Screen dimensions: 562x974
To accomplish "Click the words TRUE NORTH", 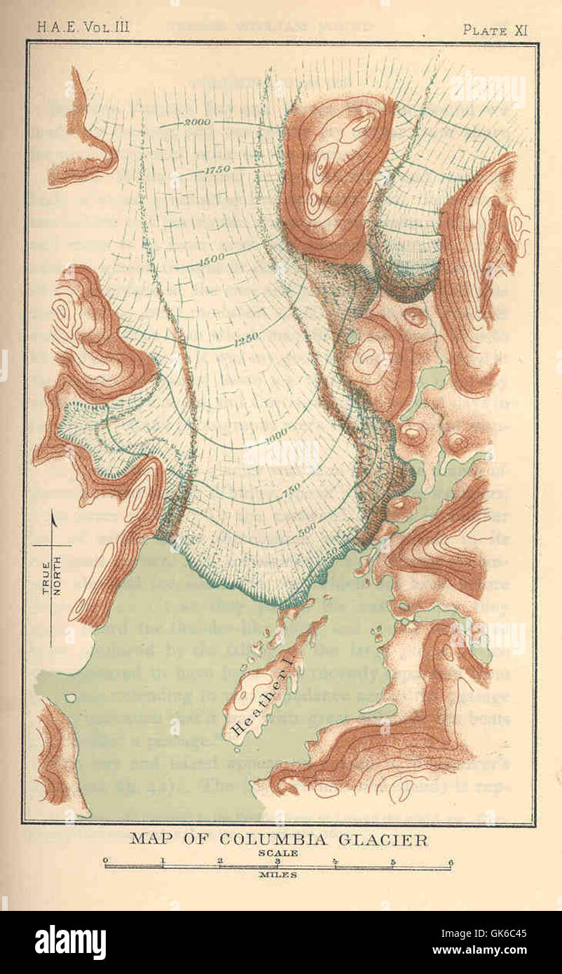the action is click(50, 575).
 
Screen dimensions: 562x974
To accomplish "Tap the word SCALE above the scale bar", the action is click(277, 853).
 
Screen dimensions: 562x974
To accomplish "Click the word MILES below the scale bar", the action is click(277, 874).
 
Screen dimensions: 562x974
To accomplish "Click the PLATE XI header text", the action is click(495, 29).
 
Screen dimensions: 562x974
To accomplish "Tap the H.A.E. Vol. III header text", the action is click(83, 29).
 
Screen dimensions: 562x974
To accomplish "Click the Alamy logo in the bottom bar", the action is click(70, 942).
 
